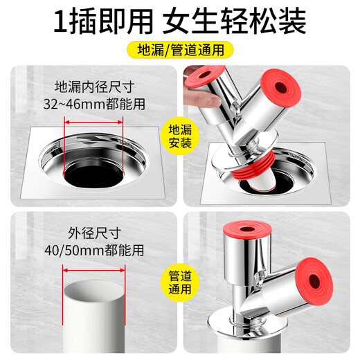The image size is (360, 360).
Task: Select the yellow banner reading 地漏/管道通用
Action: tap(179, 51)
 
